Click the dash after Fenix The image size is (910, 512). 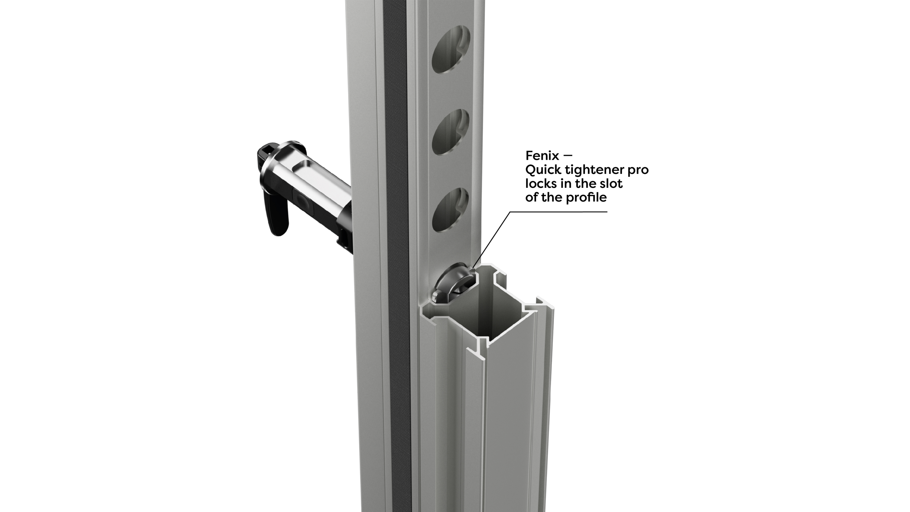[x=568, y=156]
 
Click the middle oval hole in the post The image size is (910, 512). [x=450, y=132]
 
